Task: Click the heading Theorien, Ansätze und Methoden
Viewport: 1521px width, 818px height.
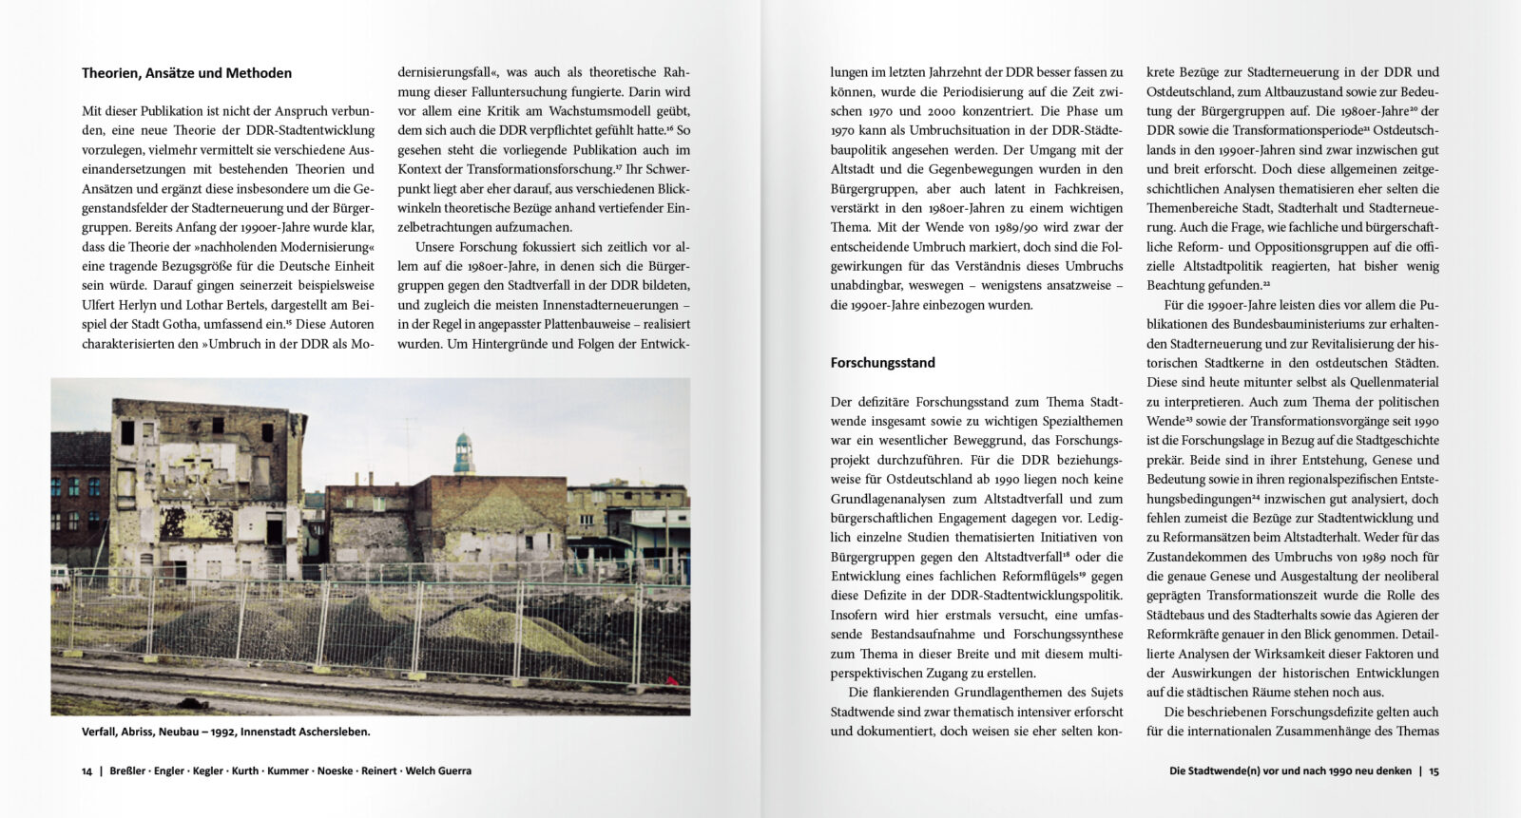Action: (186, 73)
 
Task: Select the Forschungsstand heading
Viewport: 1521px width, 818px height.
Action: (882, 363)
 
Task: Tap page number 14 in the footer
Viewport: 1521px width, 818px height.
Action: (87, 771)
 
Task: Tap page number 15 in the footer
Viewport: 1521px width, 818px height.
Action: (1434, 771)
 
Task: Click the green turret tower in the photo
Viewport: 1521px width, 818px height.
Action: (463, 453)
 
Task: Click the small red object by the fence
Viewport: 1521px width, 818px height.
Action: (676, 678)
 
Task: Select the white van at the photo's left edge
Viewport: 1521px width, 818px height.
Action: (59, 576)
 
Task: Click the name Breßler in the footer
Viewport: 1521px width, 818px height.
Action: (127, 771)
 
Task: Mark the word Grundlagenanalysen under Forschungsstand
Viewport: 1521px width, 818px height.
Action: (893, 499)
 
